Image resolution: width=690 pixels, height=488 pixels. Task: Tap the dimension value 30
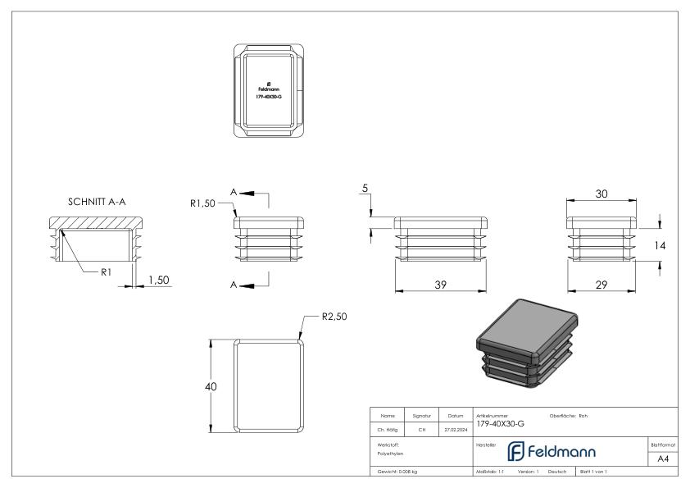pos(601,194)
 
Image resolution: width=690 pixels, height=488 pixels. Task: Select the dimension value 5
pos(364,189)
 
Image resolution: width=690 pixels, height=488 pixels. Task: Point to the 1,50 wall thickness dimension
pos(158,280)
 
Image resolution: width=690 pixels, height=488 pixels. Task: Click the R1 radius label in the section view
pos(106,272)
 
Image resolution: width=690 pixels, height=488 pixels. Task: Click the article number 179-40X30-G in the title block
pos(500,424)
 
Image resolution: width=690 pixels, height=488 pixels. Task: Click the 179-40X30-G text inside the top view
pos(269,97)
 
